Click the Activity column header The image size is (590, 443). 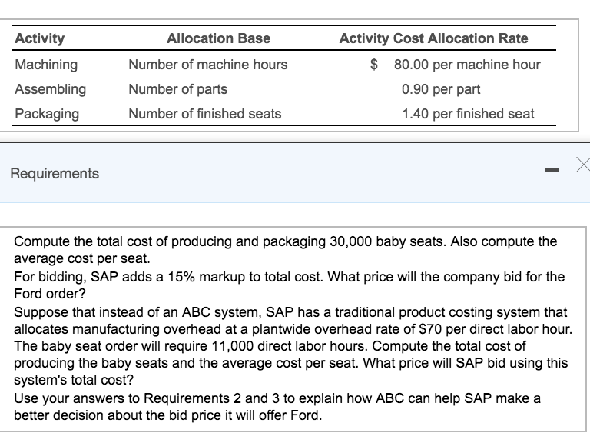point(40,38)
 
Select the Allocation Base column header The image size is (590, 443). point(218,38)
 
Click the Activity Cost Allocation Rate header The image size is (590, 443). point(433,38)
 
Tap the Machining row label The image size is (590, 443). point(46,65)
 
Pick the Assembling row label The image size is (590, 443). point(51,89)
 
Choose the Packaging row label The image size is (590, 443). point(47,114)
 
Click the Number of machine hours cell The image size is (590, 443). point(207,65)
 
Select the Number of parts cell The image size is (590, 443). point(177,89)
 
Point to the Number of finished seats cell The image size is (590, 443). point(204,114)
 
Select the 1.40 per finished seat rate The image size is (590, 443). point(468,114)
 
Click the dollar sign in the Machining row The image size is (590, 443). point(374,65)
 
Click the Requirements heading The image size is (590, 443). point(55,173)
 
